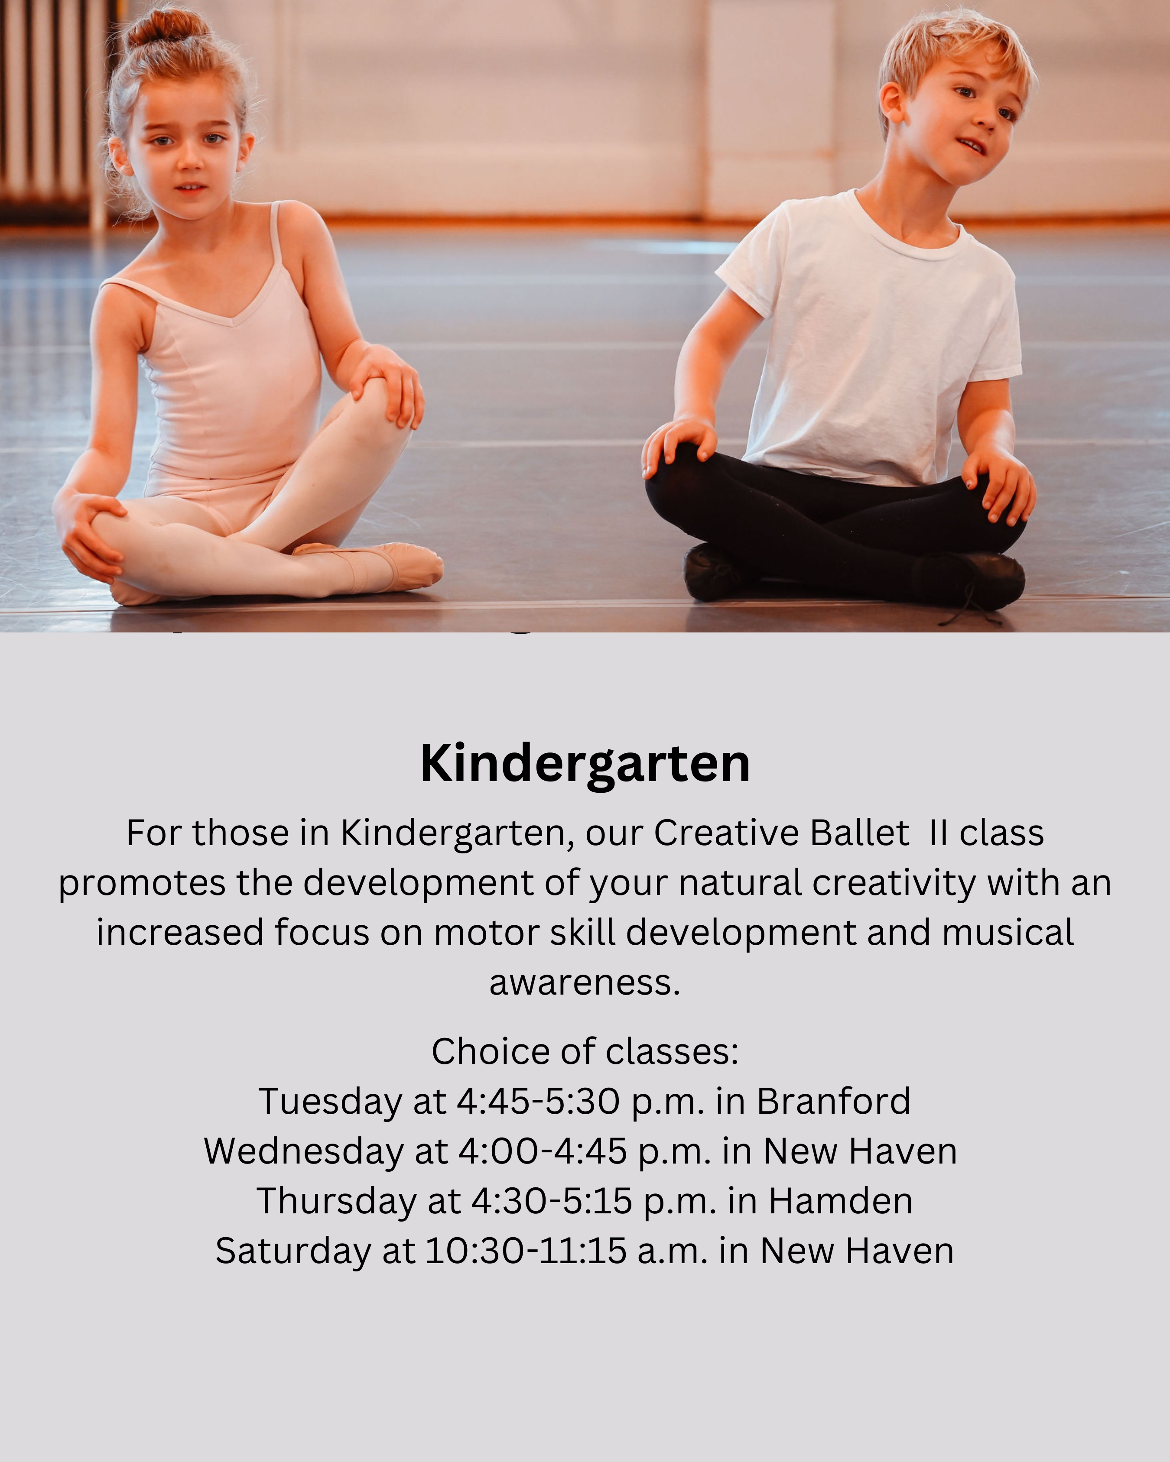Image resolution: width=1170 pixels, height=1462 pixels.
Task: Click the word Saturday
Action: [x=293, y=1251]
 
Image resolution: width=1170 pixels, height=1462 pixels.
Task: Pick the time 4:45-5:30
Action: [x=538, y=1101]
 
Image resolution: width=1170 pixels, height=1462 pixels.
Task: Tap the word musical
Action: [x=1008, y=933]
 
